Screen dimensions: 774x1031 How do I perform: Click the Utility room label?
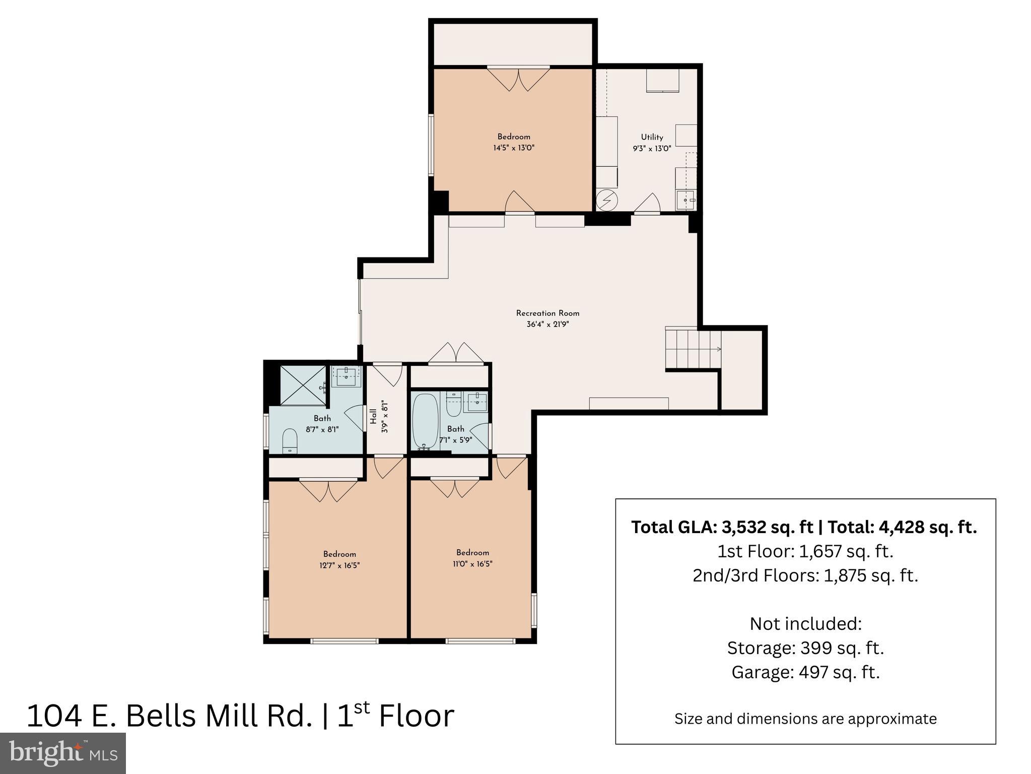coord(652,137)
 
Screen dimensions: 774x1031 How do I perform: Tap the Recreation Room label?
coord(547,313)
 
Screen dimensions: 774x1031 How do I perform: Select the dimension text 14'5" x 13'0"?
coord(513,148)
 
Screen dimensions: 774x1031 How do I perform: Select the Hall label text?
coord(373,416)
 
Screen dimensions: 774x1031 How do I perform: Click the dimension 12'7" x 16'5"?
coord(339,565)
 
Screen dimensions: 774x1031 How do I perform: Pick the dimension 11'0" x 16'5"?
coord(472,564)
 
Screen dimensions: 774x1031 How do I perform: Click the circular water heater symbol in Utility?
coord(606,201)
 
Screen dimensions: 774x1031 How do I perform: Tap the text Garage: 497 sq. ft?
coord(805,672)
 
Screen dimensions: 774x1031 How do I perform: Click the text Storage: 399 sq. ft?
coord(805,648)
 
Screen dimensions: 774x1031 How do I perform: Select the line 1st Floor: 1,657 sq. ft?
coord(805,551)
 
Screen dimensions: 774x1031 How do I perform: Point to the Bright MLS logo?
coord(63,753)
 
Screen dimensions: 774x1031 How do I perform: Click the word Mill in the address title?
coord(233,716)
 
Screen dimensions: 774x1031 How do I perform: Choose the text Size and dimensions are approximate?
coord(805,719)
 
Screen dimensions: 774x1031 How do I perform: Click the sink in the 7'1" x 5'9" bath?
coord(475,402)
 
